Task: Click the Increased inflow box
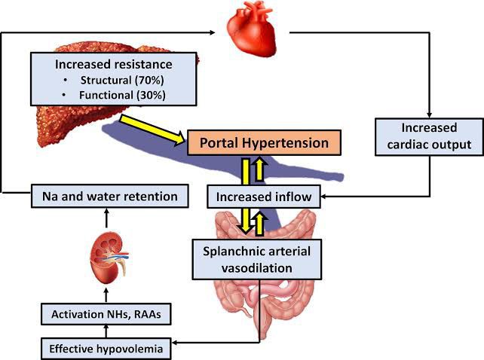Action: [265, 198]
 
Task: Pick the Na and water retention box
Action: [109, 197]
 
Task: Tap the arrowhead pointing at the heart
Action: [217, 32]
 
